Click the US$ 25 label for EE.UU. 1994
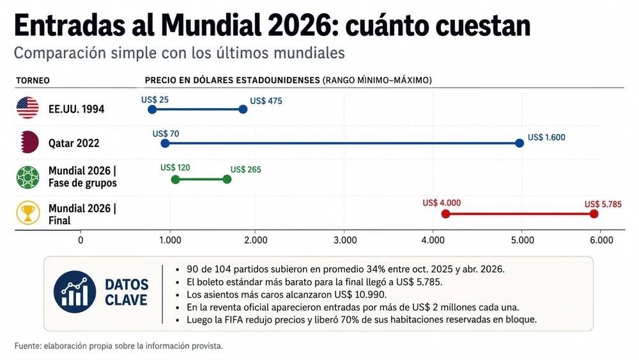point(155,100)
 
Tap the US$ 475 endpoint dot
point(243,109)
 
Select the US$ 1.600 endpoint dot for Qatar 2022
point(519,143)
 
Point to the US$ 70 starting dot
point(165,143)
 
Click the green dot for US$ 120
point(175,180)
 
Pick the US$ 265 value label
point(246,169)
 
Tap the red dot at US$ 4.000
point(446,214)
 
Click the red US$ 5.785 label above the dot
point(603,204)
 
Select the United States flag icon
point(27,108)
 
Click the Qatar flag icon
point(27,143)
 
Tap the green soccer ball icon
point(27,177)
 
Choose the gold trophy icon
point(28,213)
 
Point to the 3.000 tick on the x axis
point(345,240)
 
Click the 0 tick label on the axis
point(81,240)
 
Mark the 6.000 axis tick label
point(601,240)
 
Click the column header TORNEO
point(33,81)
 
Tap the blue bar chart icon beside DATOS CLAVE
point(75,292)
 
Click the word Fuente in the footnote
point(27,346)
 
